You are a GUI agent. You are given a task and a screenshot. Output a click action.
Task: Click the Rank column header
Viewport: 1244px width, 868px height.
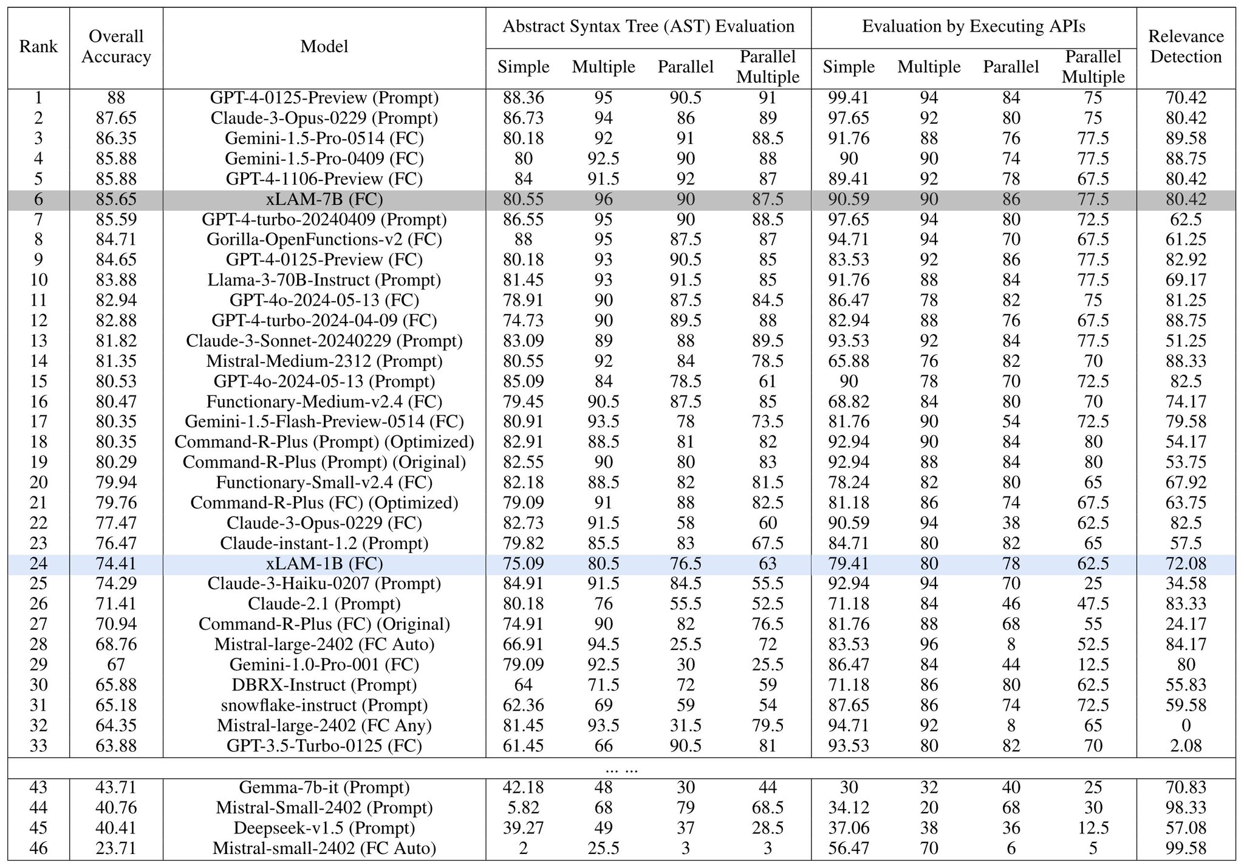[x=38, y=47]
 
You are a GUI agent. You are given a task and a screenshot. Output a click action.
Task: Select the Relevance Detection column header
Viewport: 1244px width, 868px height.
[x=1186, y=47]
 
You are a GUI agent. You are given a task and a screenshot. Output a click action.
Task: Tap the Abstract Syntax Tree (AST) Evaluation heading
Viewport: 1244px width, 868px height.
[x=648, y=27]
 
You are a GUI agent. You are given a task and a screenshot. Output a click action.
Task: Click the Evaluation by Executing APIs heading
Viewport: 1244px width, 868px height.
[x=973, y=27]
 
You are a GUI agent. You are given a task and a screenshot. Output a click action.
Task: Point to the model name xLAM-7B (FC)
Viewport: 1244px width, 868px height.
[x=324, y=199]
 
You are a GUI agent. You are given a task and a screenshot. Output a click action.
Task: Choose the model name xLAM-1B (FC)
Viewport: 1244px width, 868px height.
[x=324, y=564]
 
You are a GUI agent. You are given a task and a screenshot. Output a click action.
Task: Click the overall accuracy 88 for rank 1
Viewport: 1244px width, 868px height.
[x=116, y=98]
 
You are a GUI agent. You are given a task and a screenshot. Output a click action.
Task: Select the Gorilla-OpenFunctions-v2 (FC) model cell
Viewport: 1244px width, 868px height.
[x=324, y=239]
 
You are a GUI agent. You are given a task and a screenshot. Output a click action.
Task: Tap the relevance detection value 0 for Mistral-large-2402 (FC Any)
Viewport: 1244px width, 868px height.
[x=1186, y=725]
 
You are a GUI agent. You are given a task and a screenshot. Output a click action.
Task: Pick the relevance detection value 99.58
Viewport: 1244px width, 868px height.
[x=1186, y=848]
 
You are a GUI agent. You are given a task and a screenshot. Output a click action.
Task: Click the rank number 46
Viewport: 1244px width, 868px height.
[x=38, y=848]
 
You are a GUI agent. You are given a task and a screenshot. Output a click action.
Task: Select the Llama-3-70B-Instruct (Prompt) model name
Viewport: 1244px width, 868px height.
[x=324, y=280]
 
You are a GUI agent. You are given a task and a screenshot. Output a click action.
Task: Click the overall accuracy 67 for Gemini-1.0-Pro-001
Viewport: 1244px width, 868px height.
[x=116, y=665]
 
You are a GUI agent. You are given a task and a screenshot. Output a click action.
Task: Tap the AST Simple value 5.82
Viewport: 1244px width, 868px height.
[x=524, y=808]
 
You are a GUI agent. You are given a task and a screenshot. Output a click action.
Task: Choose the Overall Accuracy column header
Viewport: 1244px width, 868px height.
[x=116, y=47]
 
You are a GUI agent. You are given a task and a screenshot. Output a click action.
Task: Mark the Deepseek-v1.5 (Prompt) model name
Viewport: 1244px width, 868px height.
[x=324, y=828]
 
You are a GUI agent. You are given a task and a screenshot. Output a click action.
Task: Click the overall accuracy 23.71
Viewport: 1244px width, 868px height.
[x=116, y=848]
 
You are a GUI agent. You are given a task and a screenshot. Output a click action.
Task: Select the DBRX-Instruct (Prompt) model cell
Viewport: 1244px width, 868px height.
[x=324, y=685]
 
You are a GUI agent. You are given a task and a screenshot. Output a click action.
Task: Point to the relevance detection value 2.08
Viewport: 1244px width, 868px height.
[x=1186, y=745]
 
